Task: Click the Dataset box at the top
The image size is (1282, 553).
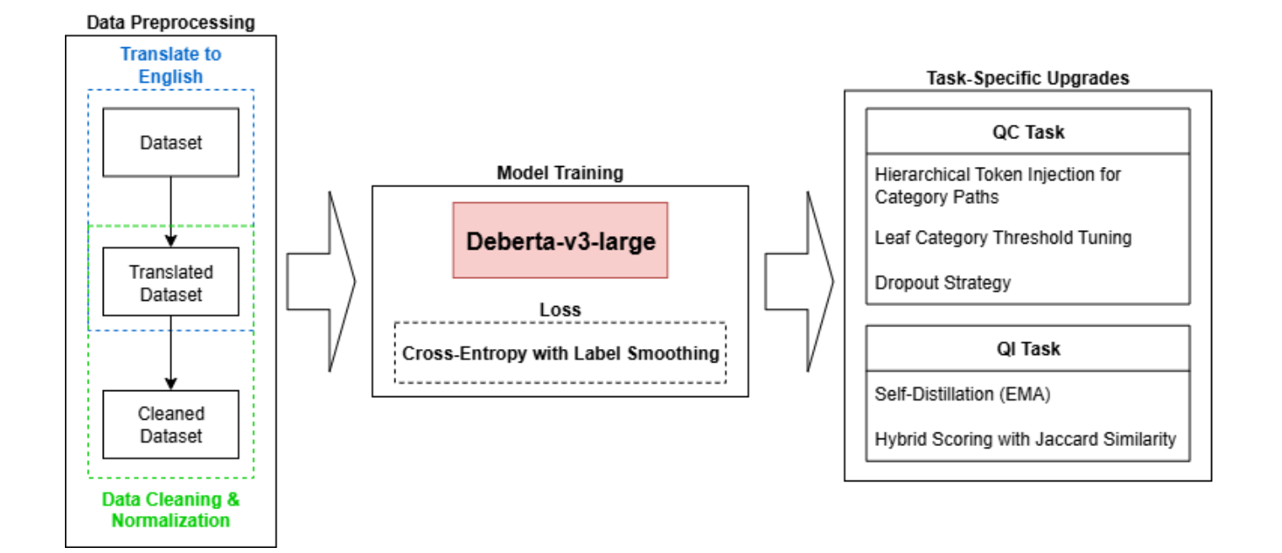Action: click(170, 142)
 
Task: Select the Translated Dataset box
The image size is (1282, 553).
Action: click(170, 282)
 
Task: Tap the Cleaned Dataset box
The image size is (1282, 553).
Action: click(170, 424)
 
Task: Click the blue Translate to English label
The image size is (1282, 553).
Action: click(170, 65)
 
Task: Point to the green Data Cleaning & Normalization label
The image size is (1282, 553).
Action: click(170, 509)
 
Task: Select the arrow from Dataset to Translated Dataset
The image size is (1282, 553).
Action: click(171, 211)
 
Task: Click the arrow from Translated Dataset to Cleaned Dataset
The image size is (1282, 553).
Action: click(171, 352)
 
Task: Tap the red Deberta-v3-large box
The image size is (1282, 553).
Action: click(561, 240)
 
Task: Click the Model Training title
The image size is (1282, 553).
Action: click(560, 173)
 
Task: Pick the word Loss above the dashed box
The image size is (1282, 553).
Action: click(560, 309)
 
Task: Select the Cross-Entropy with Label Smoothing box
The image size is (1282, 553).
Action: click(560, 353)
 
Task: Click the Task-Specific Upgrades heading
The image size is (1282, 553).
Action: click(1027, 78)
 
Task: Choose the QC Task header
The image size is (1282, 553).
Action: click(1027, 132)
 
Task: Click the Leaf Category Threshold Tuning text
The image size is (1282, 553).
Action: click(1002, 238)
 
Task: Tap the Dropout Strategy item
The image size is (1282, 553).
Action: click(942, 282)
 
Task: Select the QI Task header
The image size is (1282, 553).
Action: click(1027, 348)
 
